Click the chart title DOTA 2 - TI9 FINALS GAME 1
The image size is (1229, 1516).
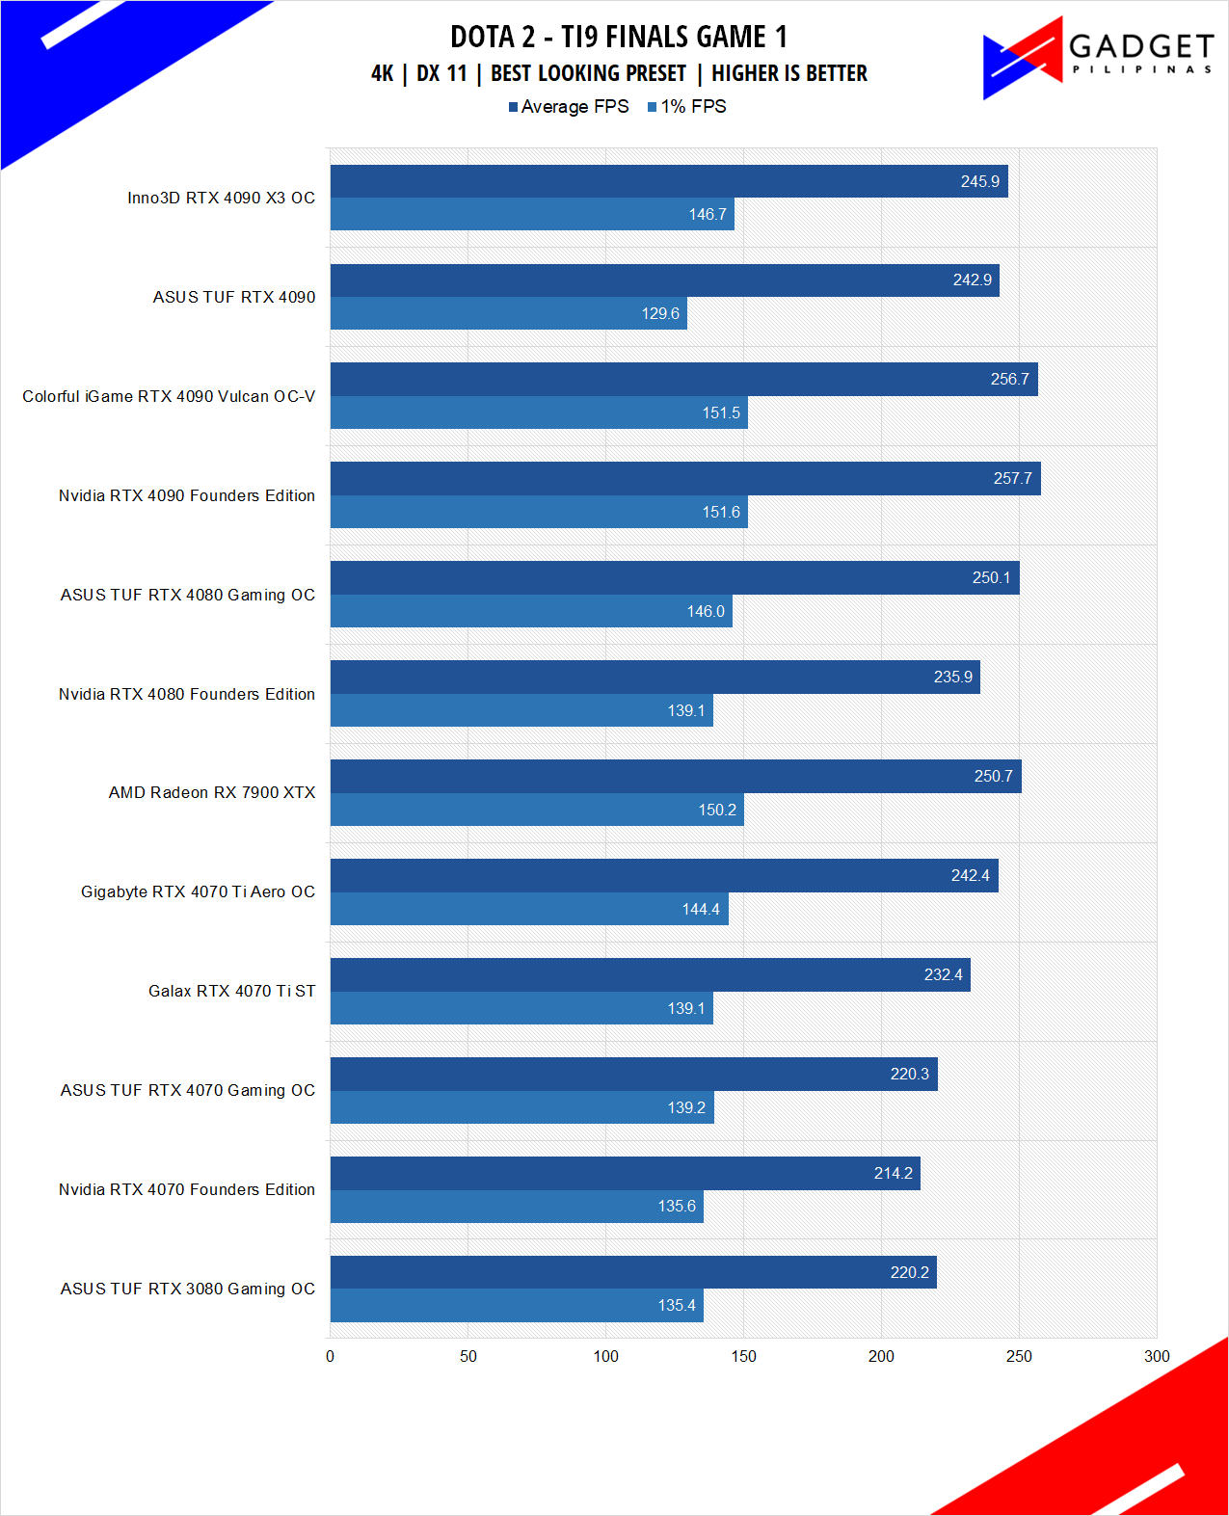(x=619, y=37)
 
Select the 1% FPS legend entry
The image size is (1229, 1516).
(x=687, y=107)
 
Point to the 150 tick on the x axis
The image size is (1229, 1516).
(x=743, y=1356)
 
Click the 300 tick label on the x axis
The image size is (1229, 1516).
(x=1157, y=1356)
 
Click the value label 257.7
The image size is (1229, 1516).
(x=1012, y=478)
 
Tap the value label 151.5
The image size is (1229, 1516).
(x=721, y=412)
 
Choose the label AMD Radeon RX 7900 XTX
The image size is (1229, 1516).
(x=212, y=792)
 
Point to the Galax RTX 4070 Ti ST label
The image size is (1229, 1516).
(x=231, y=991)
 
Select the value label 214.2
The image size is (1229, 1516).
(x=893, y=1173)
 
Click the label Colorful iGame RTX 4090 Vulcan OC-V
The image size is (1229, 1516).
(x=169, y=396)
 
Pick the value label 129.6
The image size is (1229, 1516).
(x=660, y=313)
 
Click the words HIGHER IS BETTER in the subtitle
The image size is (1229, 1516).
(x=789, y=73)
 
